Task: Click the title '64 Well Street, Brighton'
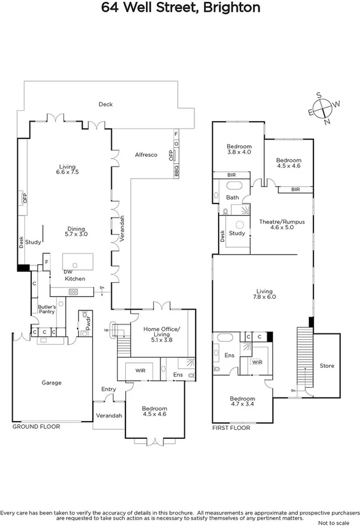tap(180, 8)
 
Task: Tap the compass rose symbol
tap(325, 108)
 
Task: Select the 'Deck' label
tap(106, 104)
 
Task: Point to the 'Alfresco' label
tap(146, 155)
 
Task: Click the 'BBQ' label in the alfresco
tap(176, 171)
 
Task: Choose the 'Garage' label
tap(52, 383)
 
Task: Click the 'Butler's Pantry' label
tap(47, 310)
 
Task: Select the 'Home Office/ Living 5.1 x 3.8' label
tap(161, 335)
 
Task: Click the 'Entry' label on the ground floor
tap(109, 389)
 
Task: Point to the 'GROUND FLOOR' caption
tap(36, 426)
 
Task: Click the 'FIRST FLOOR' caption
tap(231, 427)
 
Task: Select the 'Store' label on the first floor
tap(326, 366)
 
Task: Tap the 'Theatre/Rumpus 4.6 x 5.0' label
tap(282, 224)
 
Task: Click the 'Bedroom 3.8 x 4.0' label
tap(239, 149)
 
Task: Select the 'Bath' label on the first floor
tap(232, 198)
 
